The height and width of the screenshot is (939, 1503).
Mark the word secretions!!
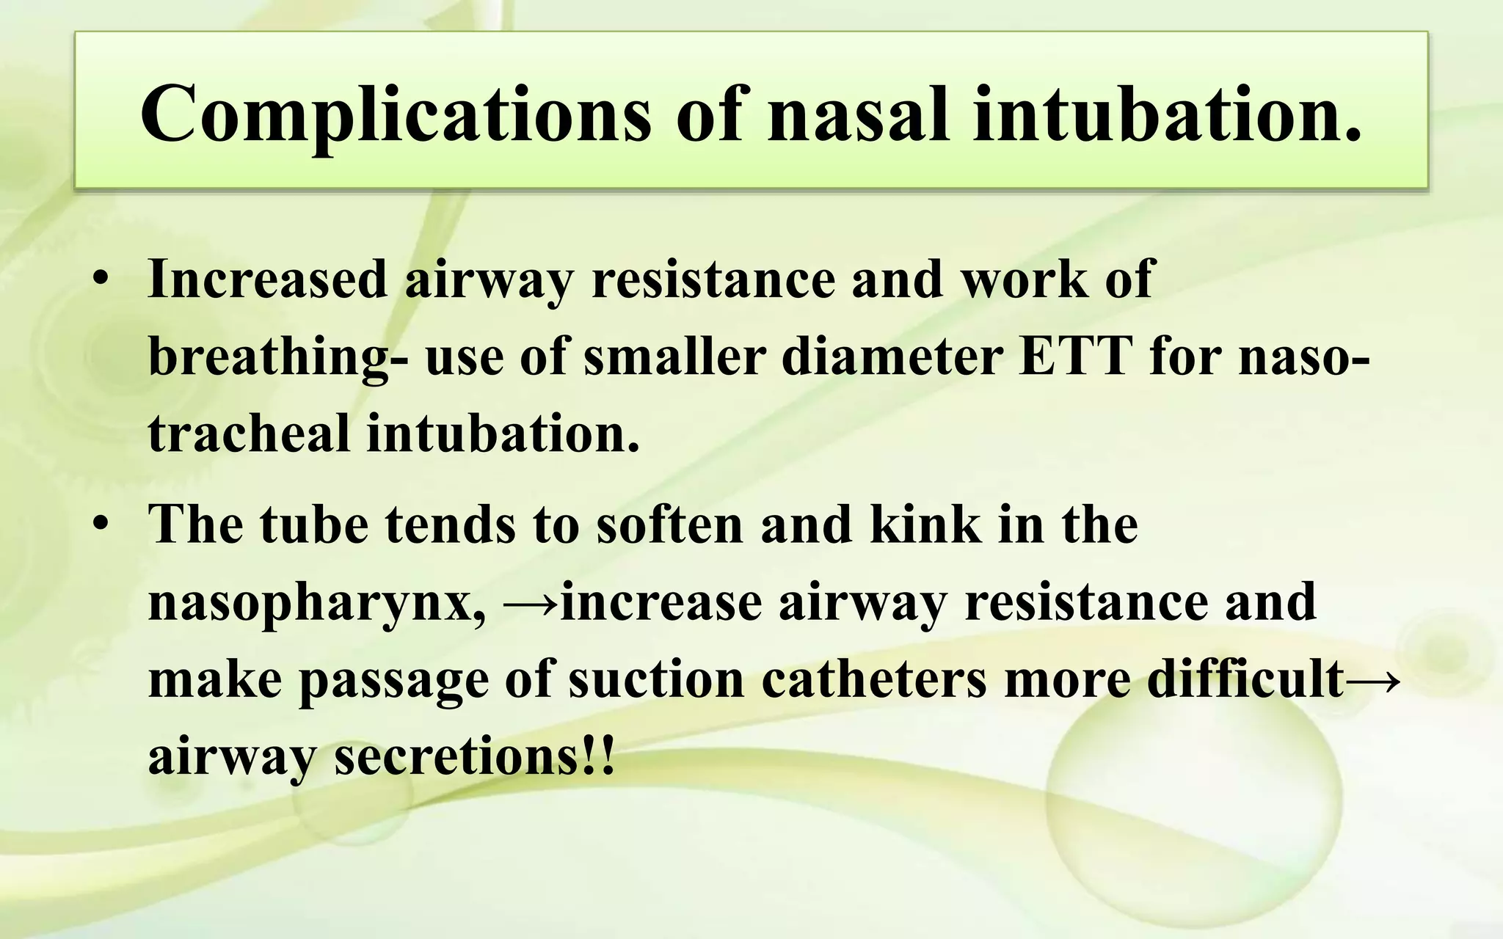point(474,756)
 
